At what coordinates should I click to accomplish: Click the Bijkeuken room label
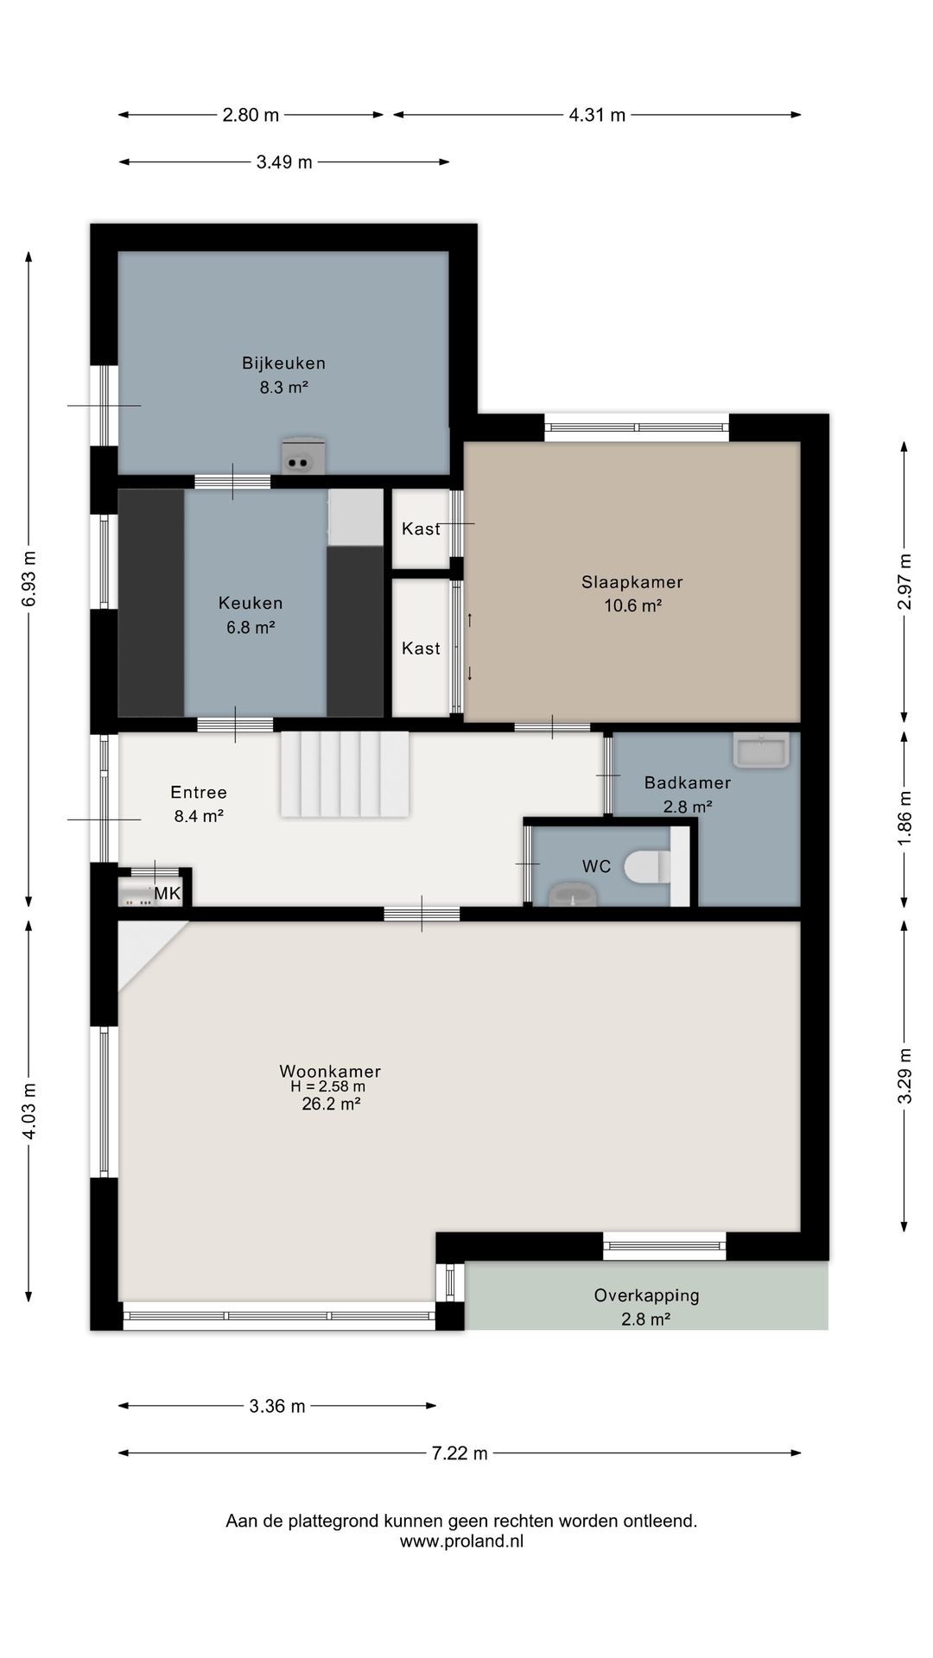coord(283,364)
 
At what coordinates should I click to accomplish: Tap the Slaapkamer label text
coord(632,582)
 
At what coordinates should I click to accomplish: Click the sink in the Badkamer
coord(761,750)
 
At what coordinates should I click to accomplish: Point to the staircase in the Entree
coord(345,774)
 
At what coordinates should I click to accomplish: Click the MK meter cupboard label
coord(168,893)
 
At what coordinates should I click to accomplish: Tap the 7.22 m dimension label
coord(460,1453)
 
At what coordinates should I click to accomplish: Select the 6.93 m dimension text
coord(29,579)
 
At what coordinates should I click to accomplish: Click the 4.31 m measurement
coord(597,115)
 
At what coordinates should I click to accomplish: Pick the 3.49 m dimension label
coord(284,162)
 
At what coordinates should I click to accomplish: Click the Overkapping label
coord(646,1295)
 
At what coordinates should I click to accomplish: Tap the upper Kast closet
coord(421,528)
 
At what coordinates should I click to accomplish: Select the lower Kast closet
coord(421,648)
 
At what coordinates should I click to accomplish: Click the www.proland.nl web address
coord(461,1541)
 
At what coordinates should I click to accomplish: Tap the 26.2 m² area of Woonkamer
coord(331,1104)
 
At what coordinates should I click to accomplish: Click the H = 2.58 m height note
coord(328,1087)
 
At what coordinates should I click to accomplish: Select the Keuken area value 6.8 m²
coord(251,628)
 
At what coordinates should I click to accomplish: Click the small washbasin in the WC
coord(572,895)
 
